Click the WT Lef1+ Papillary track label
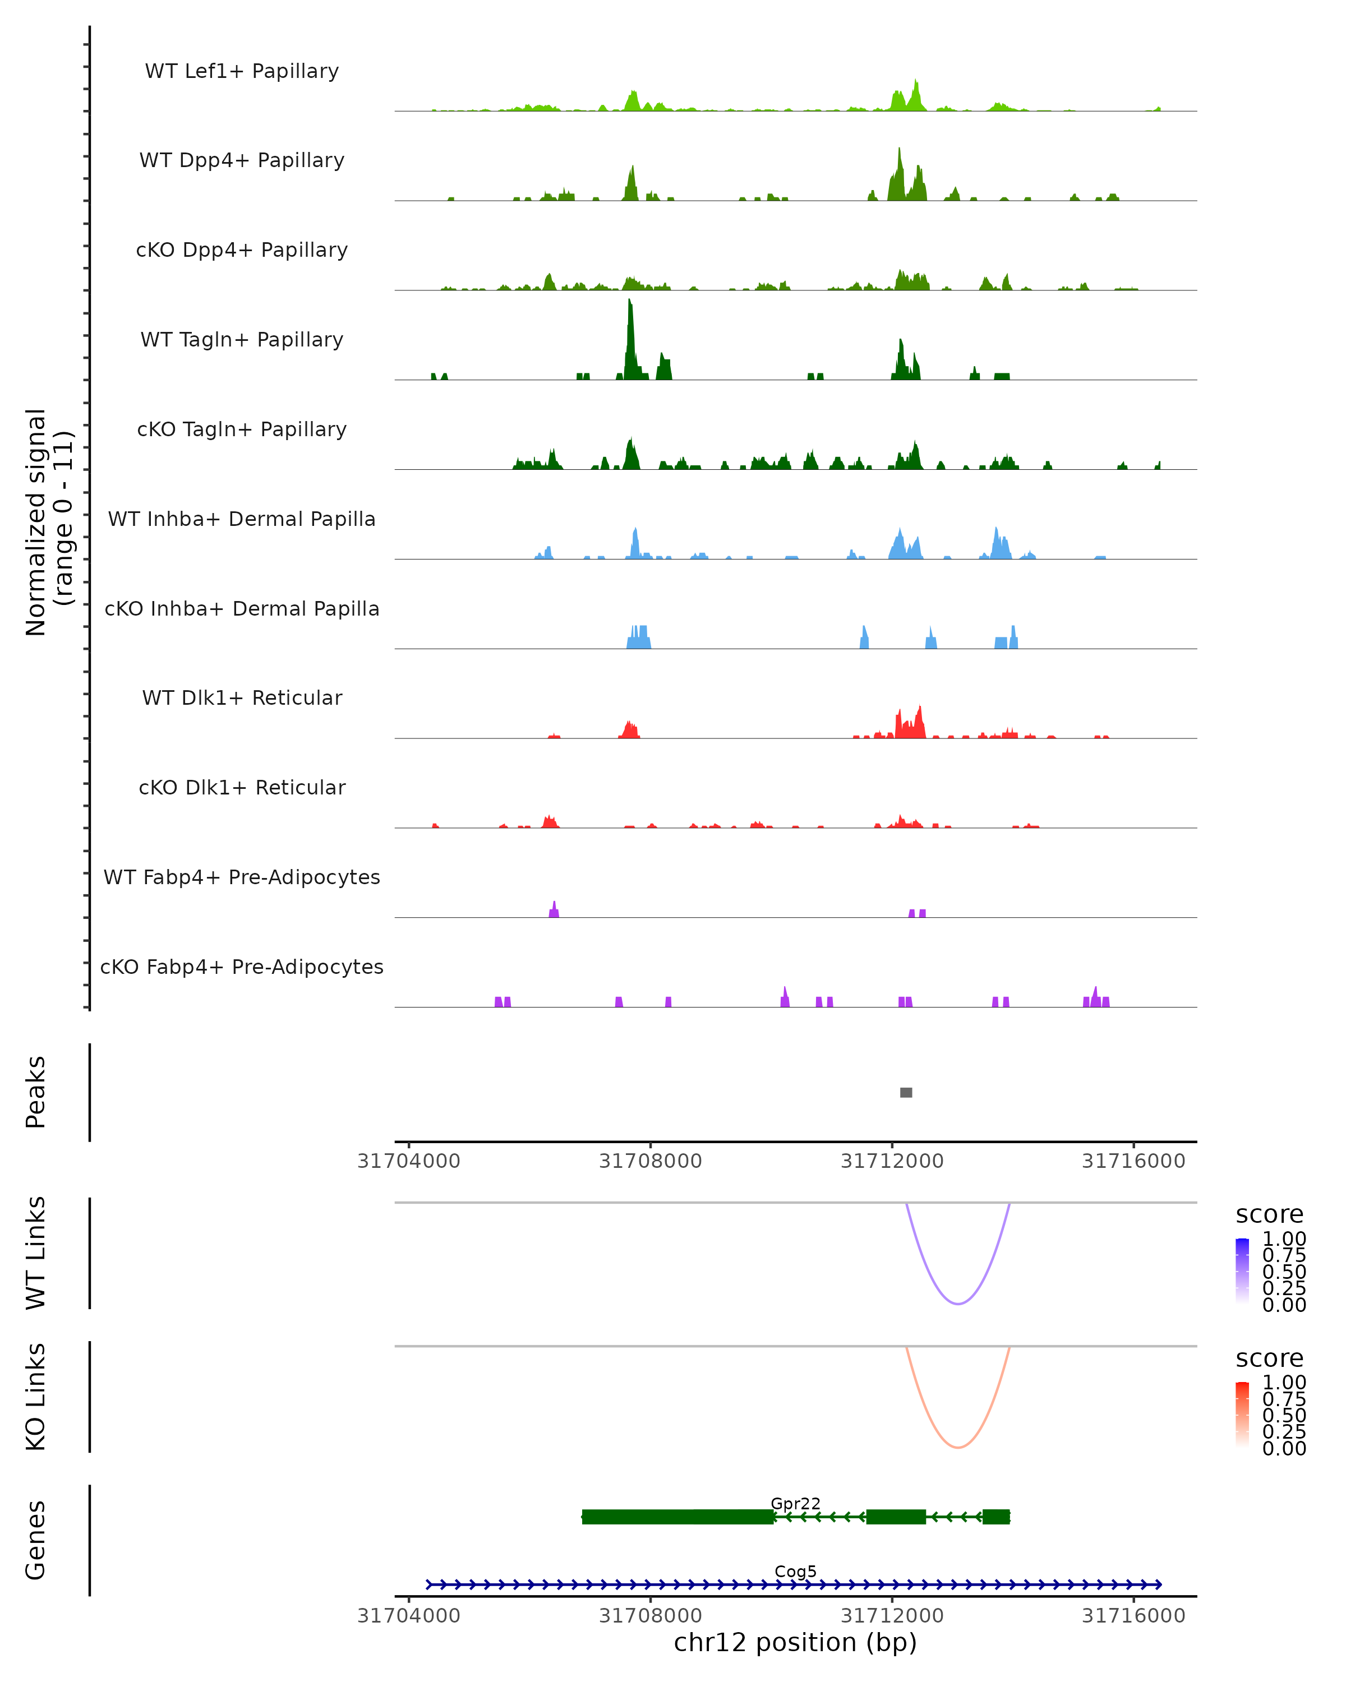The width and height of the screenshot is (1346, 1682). (x=242, y=71)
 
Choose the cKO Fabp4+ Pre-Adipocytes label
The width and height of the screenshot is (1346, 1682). (x=242, y=967)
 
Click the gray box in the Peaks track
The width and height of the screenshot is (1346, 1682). (x=906, y=1092)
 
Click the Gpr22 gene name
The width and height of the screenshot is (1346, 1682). (x=795, y=1503)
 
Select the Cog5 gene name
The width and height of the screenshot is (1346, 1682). (x=795, y=1571)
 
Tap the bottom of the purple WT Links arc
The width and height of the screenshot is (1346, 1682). (x=958, y=1304)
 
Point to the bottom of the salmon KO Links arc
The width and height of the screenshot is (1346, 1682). (x=958, y=1447)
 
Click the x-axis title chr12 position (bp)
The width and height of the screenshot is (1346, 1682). (x=795, y=1642)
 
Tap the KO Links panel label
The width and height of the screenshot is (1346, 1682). (x=36, y=1397)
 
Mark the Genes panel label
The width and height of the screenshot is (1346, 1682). (x=36, y=1540)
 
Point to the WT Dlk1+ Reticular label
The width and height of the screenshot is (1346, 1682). (x=242, y=697)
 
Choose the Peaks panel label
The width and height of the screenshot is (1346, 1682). (x=36, y=1092)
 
